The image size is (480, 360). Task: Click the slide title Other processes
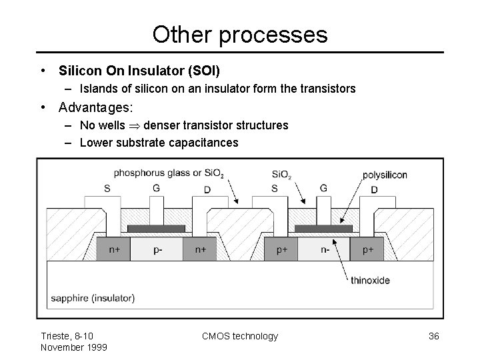click(x=240, y=34)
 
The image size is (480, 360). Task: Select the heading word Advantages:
click(x=96, y=107)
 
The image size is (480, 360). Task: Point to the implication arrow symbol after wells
click(x=135, y=125)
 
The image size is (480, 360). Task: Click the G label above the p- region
click(x=156, y=188)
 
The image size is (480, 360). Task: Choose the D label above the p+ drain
click(x=374, y=189)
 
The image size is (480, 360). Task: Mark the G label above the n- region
click(x=323, y=188)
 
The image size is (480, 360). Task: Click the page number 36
click(x=433, y=336)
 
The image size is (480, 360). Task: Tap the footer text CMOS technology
click(x=240, y=336)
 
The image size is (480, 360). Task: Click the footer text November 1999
click(x=73, y=347)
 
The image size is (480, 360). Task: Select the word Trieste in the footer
click(x=56, y=336)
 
